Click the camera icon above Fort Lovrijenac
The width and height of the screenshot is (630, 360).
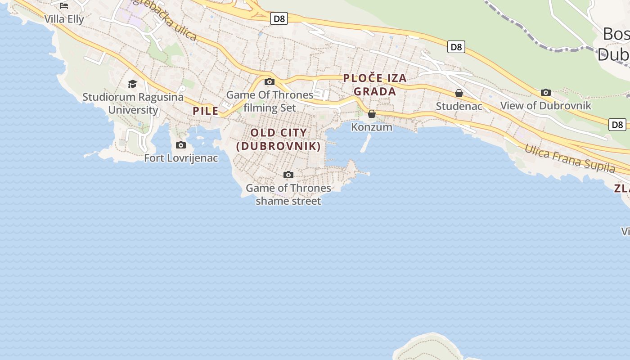181,145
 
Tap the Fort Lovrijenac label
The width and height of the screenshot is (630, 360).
181,158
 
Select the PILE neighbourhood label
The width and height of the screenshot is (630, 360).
206,111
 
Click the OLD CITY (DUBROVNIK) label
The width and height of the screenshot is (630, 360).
279,139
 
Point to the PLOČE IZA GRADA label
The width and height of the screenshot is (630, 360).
375,85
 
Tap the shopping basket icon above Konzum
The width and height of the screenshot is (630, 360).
372,114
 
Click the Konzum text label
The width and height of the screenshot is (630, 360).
372,127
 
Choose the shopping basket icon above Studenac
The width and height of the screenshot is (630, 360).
459,93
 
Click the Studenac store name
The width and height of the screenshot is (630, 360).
459,106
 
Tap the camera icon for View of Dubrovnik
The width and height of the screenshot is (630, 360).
546,92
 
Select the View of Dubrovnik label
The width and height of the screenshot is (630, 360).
546,106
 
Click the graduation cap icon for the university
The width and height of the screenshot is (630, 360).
132,84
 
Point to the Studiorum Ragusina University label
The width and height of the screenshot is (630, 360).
133,103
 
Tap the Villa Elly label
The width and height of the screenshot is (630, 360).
64,19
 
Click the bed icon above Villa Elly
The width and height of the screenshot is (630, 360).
64,6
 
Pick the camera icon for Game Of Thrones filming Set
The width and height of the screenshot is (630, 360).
270,81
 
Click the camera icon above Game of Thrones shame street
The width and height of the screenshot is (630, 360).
288,175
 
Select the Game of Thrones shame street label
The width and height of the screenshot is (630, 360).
288,194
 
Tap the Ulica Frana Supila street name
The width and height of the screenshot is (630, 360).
570,159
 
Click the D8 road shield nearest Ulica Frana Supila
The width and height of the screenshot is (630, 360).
617,125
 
